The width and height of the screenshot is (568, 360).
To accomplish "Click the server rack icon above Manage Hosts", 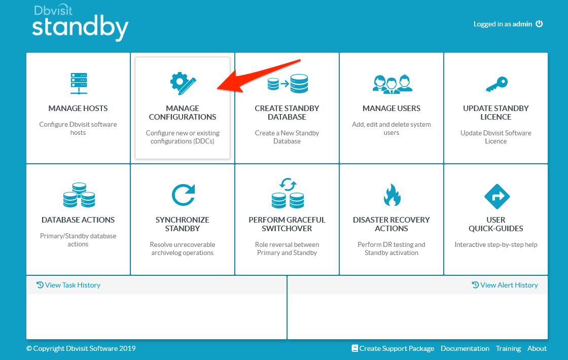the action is [79, 83].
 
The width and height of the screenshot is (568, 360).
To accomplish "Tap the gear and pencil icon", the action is [183, 84].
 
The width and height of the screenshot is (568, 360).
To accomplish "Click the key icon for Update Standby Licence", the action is [496, 84].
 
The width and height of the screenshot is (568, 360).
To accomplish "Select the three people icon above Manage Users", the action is [393, 84].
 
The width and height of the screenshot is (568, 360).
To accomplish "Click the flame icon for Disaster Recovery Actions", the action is [392, 195].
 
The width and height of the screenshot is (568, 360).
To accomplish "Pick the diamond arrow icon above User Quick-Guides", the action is [497, 196].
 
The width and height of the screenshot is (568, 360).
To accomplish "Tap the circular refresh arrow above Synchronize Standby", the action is [183, 195].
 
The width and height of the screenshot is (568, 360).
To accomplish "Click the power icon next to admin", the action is [539, 23].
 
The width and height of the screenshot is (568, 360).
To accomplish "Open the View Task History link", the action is [68, 285].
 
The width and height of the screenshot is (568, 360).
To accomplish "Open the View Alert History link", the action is [505, 285].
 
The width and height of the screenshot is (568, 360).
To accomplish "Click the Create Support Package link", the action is [393, 348].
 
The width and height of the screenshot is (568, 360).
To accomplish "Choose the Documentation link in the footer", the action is [465, 348].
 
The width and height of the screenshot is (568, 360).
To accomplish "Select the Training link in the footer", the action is [508, 348].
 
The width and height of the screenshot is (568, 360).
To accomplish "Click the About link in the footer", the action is [537, 348].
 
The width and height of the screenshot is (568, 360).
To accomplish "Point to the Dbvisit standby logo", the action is [80, 23].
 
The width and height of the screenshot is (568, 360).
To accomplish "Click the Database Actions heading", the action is [78, 220].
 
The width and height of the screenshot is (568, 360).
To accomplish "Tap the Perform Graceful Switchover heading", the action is [287, 224].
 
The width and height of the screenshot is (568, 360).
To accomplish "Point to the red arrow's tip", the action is [218, 88].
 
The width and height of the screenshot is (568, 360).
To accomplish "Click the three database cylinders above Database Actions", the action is [79, 195].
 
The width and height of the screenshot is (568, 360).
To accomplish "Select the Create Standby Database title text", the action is [287, 113].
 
